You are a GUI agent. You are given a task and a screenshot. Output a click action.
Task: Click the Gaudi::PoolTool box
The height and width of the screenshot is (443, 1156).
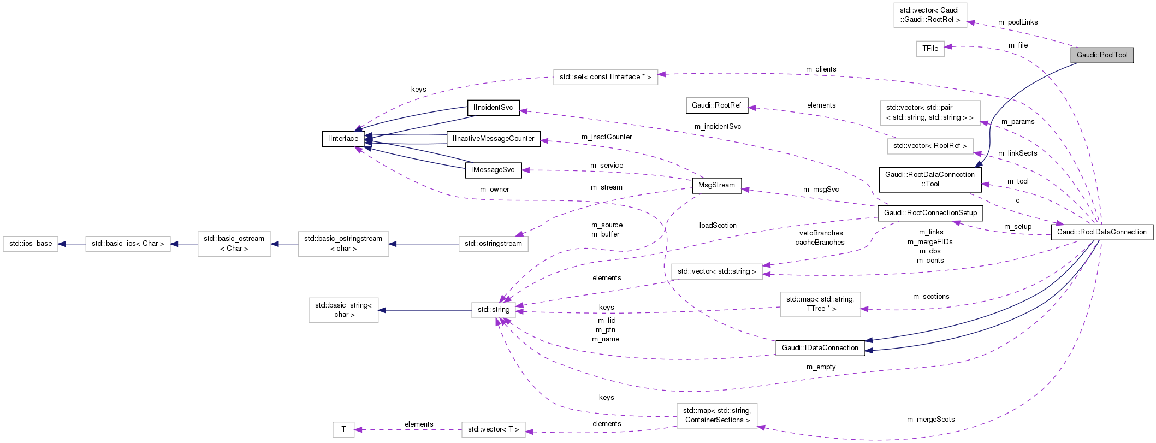(1101, 55)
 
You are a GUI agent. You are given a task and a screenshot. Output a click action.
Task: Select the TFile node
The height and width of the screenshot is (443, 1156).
(930, 49)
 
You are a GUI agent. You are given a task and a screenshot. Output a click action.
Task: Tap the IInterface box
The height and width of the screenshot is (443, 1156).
(343, 139)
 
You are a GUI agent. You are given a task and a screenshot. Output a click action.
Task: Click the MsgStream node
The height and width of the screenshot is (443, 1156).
(716, 185)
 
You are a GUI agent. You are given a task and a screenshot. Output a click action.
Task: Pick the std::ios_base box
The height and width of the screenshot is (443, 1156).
(31, 244)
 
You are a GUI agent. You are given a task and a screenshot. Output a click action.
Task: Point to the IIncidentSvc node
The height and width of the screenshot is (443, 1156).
(493, 108)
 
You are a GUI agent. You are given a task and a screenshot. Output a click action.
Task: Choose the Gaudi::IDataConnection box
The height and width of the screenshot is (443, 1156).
(820, 348)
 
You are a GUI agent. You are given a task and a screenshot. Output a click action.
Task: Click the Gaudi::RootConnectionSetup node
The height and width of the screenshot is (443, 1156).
(930, 213)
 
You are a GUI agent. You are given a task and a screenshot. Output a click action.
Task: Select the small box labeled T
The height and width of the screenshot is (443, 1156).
(343, 429)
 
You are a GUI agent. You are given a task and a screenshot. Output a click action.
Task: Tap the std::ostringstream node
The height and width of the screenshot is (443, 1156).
(493, 244)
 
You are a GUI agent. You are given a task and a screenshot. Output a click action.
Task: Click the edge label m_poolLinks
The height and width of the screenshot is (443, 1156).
(1018, 22)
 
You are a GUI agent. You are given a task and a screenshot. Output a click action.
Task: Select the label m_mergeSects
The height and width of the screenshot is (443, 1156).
(930, 420)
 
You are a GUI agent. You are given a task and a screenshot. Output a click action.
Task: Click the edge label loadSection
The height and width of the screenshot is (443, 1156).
(718, 226)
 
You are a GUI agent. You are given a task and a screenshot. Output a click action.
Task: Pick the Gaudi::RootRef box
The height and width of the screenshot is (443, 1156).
(716, 105)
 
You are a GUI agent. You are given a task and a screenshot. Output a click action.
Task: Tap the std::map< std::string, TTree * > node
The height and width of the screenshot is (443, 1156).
(820, 304)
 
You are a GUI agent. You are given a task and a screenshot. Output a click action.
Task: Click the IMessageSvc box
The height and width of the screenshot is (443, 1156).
(493, 170)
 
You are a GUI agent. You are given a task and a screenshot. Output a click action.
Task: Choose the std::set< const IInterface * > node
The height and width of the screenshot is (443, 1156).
(605, 77)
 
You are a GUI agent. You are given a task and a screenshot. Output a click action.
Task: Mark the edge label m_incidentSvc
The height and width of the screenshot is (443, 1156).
(718, 127)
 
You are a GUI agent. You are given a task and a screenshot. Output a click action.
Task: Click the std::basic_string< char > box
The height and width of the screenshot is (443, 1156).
(343, 310)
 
